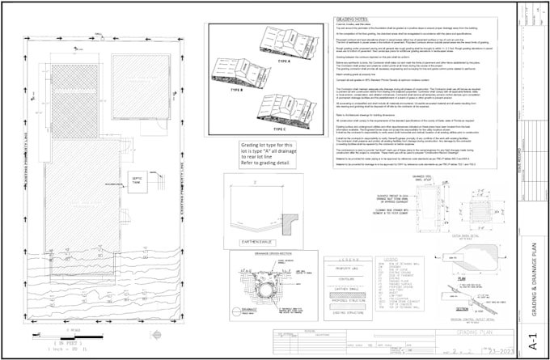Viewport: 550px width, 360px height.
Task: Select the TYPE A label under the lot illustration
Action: [x=285, y=61]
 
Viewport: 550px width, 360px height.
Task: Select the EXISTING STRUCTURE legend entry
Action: [x=346, y=312]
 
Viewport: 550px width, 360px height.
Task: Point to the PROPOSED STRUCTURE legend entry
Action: [x=346, y=300]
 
